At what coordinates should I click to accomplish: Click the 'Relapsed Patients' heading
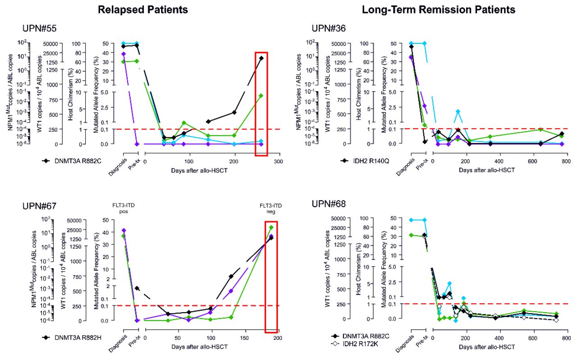coord(143,9)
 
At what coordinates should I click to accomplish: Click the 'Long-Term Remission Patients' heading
coord(439,9)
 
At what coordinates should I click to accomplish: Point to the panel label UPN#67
coord(39,206)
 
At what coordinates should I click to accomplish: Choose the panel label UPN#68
coord(329,204)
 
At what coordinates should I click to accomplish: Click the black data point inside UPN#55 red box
coord(261,58)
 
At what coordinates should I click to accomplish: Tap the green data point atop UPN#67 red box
coord(271,227)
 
